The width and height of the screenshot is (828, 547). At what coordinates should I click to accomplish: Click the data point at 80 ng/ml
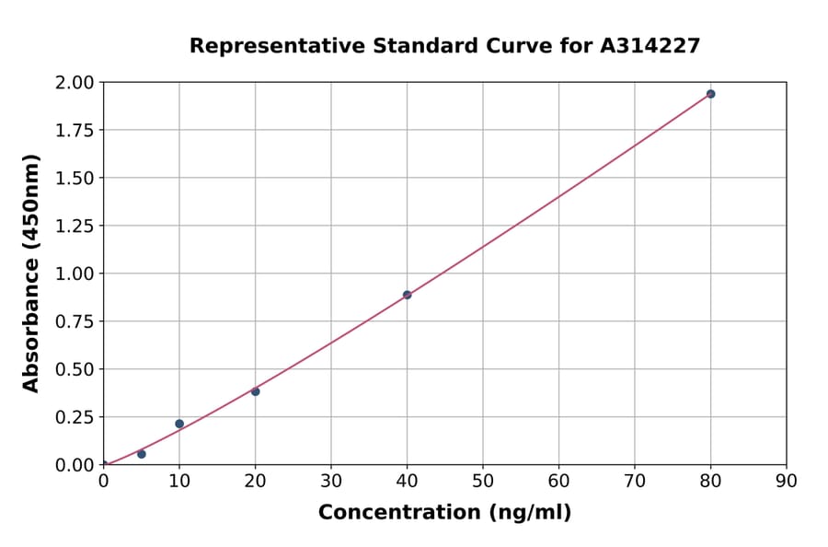click(710, 94)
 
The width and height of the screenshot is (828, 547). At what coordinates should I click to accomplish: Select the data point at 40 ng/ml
click(407, 295)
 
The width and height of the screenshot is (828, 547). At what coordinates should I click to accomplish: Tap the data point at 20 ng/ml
click(255, 391)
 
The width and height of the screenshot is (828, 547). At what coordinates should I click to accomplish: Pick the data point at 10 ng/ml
click(179, 424)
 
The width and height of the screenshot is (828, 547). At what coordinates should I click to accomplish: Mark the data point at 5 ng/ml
click(141, 454)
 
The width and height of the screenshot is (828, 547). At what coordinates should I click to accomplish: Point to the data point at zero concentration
click(103, 464)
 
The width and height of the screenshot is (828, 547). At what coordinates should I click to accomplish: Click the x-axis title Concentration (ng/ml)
click(444, 512)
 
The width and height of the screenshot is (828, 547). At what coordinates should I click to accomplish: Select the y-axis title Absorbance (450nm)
click(31, 273)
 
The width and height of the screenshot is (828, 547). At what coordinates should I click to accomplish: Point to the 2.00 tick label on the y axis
click(75, 83)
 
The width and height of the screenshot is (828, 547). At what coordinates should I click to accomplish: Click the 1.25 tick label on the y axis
click(75, 226)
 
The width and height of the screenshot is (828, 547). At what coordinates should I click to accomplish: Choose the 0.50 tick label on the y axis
click(75, 369)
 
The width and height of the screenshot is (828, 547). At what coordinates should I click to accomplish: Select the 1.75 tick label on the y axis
click(75, 130)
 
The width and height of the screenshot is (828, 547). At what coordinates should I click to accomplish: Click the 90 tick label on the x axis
click(786, 481)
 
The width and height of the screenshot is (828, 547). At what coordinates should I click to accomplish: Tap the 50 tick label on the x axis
click(482, 481)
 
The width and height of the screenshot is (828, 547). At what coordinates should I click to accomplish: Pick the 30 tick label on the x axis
click(330, 481)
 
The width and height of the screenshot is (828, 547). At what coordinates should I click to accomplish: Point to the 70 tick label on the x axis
click(634, 481)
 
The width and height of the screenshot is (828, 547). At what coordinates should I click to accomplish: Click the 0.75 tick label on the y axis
click(75, 321)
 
